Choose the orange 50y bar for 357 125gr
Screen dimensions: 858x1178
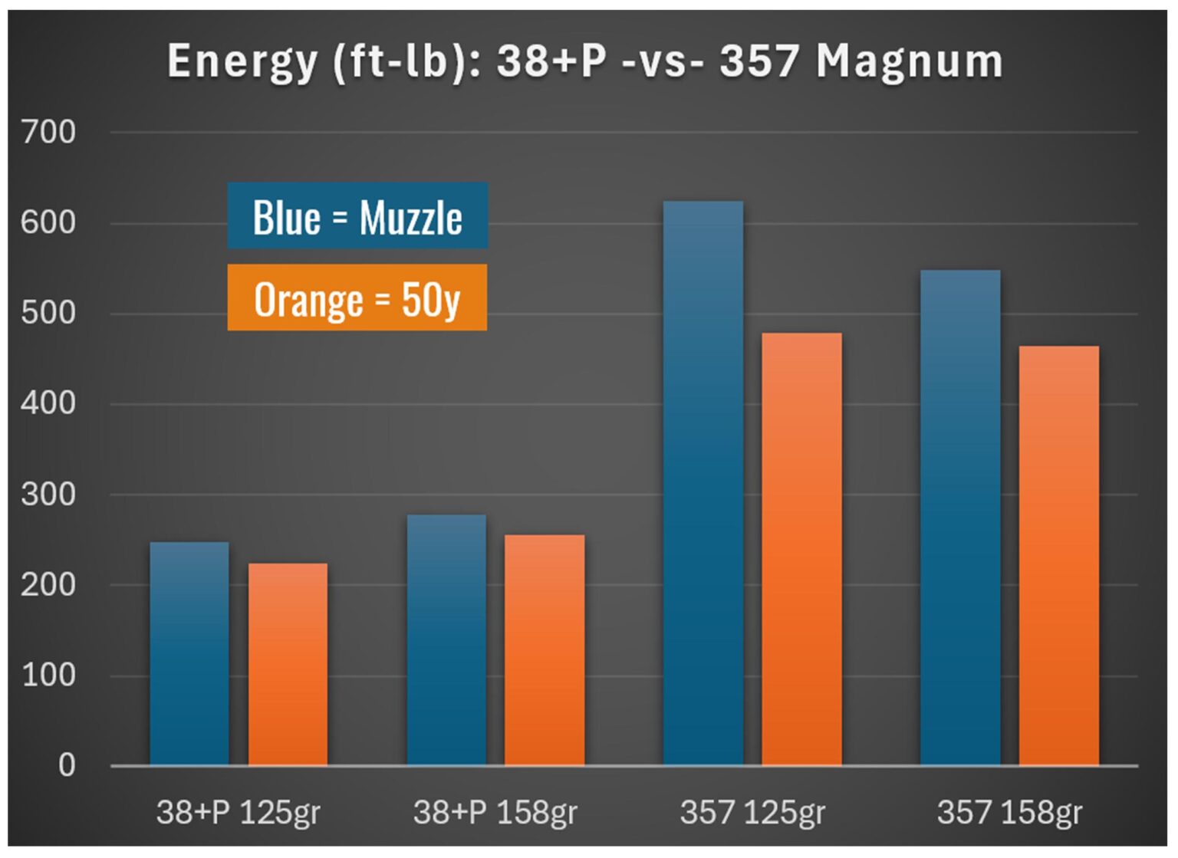click(801, 549)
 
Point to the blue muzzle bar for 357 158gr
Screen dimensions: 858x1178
click(960, 518)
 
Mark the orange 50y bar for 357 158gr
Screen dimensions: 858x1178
click(1058, 556)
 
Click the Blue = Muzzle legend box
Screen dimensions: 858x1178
click(357, 216)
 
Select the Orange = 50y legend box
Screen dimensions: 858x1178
click(357, 298)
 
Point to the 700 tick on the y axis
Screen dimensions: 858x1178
click(48, 133)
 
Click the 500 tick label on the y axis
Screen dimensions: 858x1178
click(48, 314)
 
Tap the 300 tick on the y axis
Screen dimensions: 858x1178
click(48, 495)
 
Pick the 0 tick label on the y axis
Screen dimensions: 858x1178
click(67, 765)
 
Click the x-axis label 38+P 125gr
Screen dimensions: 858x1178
click(238, 812)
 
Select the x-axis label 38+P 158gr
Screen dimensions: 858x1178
click(495, 812)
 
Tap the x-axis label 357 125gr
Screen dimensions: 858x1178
click(752, 812)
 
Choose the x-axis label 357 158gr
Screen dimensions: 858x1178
click(1009, 812)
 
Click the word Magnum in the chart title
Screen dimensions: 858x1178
click(909, 61)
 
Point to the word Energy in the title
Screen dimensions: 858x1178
click(242, 62)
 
